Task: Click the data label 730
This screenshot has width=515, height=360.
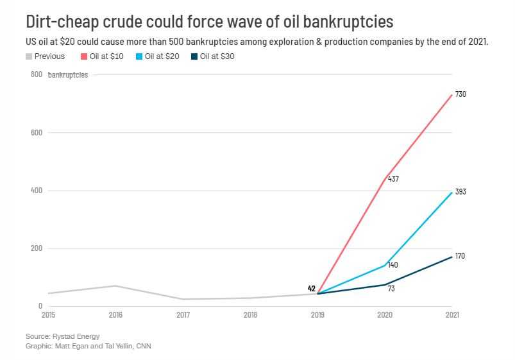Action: coord(460,94)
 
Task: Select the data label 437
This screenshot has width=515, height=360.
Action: coord(393,179)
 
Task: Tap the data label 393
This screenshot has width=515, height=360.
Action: coord(460,192)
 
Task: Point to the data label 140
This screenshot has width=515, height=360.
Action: coord(393,265)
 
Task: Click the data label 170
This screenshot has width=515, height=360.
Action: coord(460,256)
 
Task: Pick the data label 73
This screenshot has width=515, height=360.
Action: coord(392,289)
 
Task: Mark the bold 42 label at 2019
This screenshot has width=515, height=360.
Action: coord(312,288)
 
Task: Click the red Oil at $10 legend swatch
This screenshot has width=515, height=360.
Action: coord(83,56)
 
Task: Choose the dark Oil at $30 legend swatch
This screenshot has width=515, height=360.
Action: coord(195,56)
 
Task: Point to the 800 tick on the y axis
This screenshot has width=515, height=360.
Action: coord(37,75)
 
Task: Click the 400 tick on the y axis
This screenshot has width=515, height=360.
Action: coord(37,191)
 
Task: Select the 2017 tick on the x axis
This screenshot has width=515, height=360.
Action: coord(183,314)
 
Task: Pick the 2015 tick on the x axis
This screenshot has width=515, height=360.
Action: coord(49,314)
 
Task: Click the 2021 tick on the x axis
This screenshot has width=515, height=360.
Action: coord(452,314)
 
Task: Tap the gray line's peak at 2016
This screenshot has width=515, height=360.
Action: coord(116,286)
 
